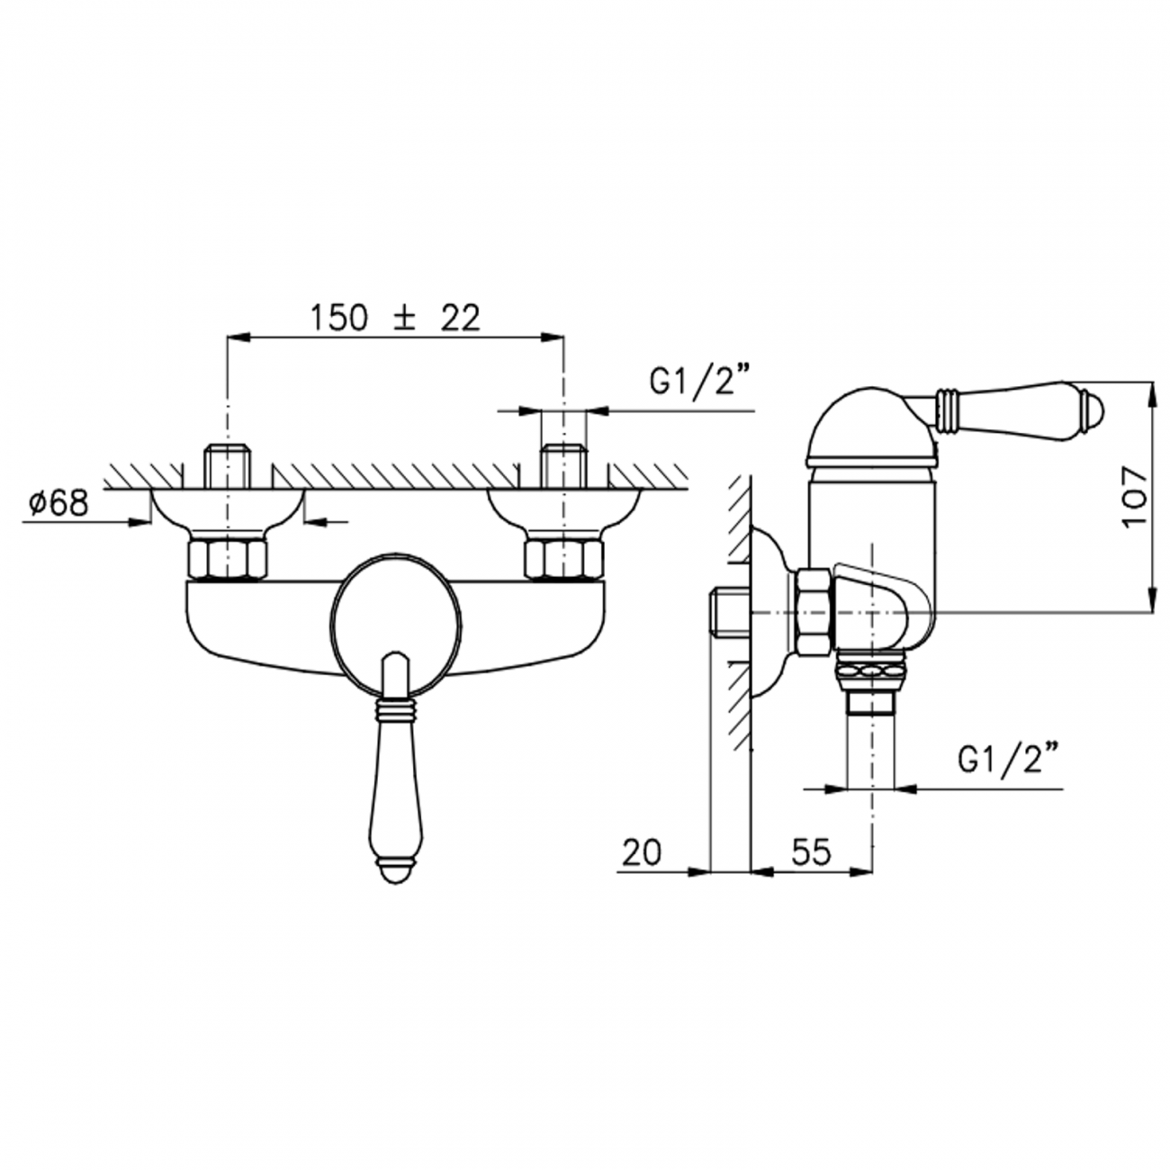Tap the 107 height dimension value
coord(1136,497)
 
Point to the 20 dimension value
coord(641,851)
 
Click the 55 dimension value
coord(810,851)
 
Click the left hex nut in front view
coord(227,560)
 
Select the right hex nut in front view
coord(563,560)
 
